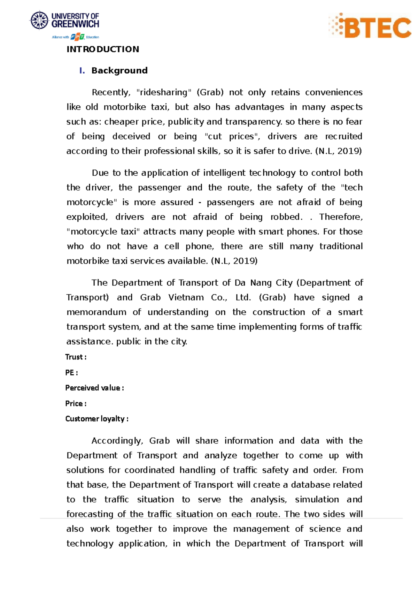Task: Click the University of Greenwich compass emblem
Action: click(x=39, y=20)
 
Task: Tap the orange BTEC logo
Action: click(x=370, y=26)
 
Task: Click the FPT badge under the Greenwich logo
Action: click(x=77, y=37)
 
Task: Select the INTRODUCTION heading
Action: click(x=103, y=49)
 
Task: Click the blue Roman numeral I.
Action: click(x=82, y=71)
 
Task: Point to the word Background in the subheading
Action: click(x=119, y=71)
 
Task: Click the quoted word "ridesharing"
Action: click(x=164, y=92)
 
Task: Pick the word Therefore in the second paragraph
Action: click(x=341, y=217)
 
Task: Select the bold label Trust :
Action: click(x=76, y=357)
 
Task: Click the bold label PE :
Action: click(x=71, y=373)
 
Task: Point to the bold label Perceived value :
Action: click(x=94, y=388)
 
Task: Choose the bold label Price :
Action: click(x=76, y=404)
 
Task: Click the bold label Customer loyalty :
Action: click(x=97, y=419)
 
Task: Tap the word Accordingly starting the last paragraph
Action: click(x=117, y=441)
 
